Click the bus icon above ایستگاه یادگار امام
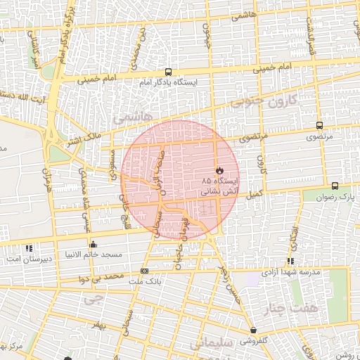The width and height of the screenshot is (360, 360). pos(168,72)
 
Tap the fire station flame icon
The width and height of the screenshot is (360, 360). pos(220,171)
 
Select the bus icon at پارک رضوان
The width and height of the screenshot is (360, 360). pos(334,186)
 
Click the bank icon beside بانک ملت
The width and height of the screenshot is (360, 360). pos(145,271)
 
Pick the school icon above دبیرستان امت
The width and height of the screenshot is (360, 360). pos(29,248)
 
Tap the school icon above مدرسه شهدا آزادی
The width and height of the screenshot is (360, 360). pos(290,262)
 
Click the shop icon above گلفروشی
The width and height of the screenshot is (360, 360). pos(253,330)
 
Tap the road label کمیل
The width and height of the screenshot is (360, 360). pos(255,192)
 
